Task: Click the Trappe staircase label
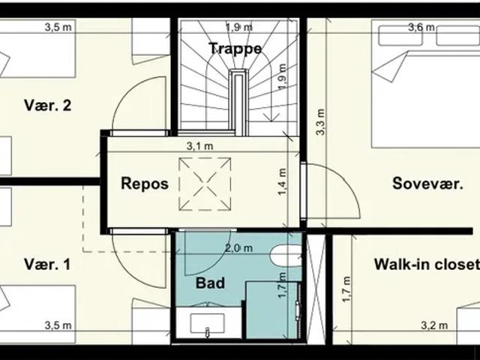(x=235, y=48)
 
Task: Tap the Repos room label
(x=145, y=183)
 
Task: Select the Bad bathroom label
(x=210, y=283)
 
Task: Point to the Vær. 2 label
(x=47, y=105)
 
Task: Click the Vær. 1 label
(x=47, y=264)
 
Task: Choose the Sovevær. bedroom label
(x=427, y=183)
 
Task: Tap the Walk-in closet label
(x=427, y=264)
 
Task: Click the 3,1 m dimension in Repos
(x=200, y=146)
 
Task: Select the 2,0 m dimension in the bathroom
(x=238, y=248)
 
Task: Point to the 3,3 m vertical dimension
(x=320, y=121)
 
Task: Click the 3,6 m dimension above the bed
(x=421, y=27)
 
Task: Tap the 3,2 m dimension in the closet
(x=434, y=325)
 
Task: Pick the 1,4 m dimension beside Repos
(x=282, y=181)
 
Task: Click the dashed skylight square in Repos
(x=205, y=184)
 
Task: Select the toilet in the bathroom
(x=286, y=256)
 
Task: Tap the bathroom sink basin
(x=207, y=323)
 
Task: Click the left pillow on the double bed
(x=400, y=36)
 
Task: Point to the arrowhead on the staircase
(x=271, y=117)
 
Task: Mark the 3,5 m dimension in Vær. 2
(x=58, y=27)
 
